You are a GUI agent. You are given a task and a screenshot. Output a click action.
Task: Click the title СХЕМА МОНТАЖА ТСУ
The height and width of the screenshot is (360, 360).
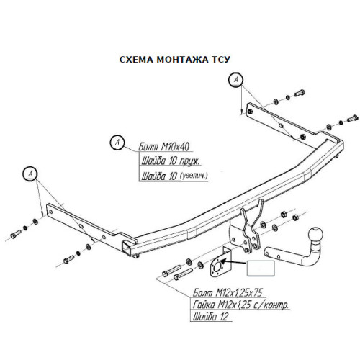point(175,60)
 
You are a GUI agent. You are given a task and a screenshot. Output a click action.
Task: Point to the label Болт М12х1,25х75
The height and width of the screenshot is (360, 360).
point(228,293)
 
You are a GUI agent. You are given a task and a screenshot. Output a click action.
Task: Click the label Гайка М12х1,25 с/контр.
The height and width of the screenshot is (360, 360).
point(240,305)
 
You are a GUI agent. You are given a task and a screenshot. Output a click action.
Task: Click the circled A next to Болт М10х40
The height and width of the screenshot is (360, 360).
point(117,143)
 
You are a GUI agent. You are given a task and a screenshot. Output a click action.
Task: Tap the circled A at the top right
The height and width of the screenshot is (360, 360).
point(235,80)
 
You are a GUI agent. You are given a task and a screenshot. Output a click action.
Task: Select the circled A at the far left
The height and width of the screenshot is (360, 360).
point(30,173)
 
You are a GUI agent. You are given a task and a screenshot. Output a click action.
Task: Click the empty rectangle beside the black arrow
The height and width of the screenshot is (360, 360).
point(261,268)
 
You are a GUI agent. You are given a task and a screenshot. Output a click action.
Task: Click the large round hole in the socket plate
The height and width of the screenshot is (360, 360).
point(218,266)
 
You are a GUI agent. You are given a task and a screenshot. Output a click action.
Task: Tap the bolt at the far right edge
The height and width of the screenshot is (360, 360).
point(353,119)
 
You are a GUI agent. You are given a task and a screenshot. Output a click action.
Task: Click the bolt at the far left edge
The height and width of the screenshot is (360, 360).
point(16,234)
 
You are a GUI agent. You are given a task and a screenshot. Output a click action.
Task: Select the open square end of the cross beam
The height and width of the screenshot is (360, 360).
point(127,248)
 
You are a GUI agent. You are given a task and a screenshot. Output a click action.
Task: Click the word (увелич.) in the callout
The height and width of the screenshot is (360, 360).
point(194,176)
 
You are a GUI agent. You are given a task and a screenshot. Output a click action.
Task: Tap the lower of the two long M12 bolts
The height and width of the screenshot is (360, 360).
point(183,274)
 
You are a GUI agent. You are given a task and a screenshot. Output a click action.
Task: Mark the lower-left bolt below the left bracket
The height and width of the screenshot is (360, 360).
point(69,259)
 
